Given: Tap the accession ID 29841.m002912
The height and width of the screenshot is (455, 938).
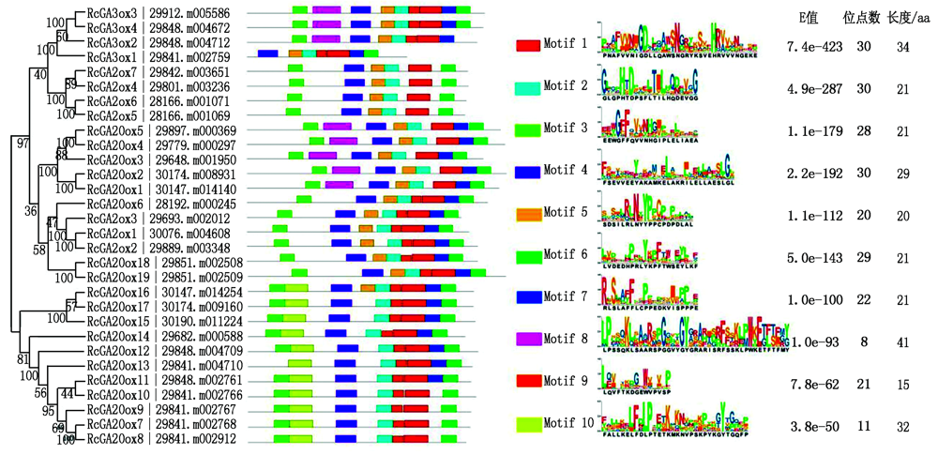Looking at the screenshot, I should tap(195, 438).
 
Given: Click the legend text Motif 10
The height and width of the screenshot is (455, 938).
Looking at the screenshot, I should tap(574, 423).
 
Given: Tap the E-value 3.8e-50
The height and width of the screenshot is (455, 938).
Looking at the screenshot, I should tap(809, 424).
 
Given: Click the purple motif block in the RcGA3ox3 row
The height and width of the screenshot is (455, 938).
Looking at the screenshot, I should tap(326, 8).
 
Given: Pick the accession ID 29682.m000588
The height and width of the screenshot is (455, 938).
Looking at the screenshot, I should tap(195, 335).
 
